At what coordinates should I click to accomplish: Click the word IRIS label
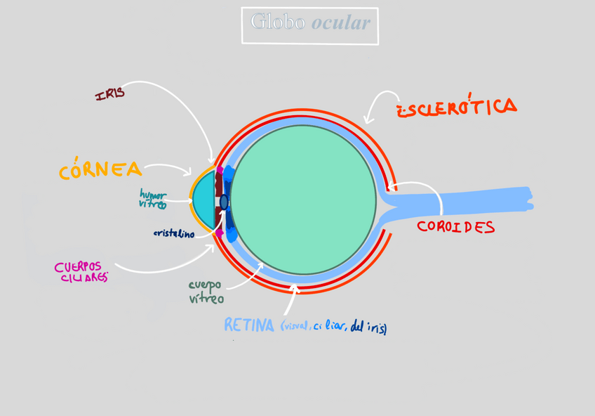pyautogui.click(x=110, y=93)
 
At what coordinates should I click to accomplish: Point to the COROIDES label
pyautogui.click(x=455, y=227)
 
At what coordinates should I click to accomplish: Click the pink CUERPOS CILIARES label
pyautogui.click(x=82, y=272)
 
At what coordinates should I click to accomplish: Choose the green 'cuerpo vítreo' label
pyautogui.click(x=206, y=292)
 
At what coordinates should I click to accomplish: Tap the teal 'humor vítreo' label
pyautogui.click(x=153, y=199)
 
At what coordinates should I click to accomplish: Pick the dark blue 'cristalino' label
pyautogui.click(x=174, y=234)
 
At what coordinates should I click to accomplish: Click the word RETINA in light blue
pyautogui.click(x=248, y=325)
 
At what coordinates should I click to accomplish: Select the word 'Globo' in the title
pyautogui.click(x=278, y=22)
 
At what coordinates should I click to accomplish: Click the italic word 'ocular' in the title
pyautogui.click(x=340, y=22)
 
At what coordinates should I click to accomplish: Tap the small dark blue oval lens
pyautogui.click(x=224, y=202)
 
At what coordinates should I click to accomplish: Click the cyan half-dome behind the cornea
pyautogui.click(x=203, y=201)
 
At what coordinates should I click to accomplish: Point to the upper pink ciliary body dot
pyautogui.click(x=220, y=170)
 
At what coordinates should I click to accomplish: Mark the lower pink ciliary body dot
pyautogui.click(x=220, y=233)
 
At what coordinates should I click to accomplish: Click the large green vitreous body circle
pyautogui.click(x=303, y=199)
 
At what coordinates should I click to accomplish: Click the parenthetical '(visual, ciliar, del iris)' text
pyautogui.click(x=333, y=327)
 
